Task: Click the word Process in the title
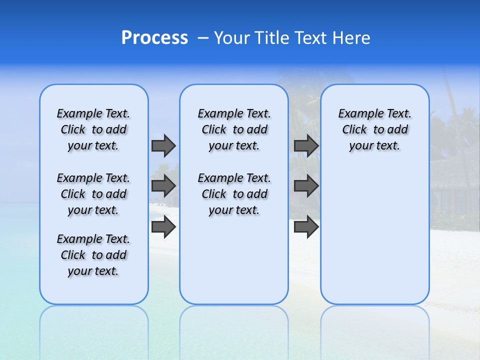pyautogui.click(x=154, y=38)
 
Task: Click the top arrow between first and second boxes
pyautogui.click(x=163, y=145)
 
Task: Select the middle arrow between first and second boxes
pyautogui.click(x=163, y=186)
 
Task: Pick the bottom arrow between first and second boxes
pyautogui.click(x=163, y=227)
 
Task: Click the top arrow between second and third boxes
pyautogui.click(x=306, y=145)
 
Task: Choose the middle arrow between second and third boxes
pyautogui.click(x=306, y=186)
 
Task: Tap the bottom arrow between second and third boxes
pyautogui.click(x=306, y=227)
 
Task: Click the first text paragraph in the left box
pyautogui.click(x=93, y=129)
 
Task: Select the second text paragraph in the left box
pyautogui.click(x=93, y=194)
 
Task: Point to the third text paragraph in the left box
pyautogui.click(x=93, y=255)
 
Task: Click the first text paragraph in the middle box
pyautogui.click(x=234, y=129)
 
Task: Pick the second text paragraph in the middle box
pyautogui.click(x=234, y=194)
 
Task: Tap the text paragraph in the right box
pyautogui.click(x=374, y=129)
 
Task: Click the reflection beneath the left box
pyautogui.click(x=93, y=325)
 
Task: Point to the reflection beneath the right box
pyautogui.click(x=374, y=325)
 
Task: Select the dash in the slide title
pyautogui.click(x=203, y=38)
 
